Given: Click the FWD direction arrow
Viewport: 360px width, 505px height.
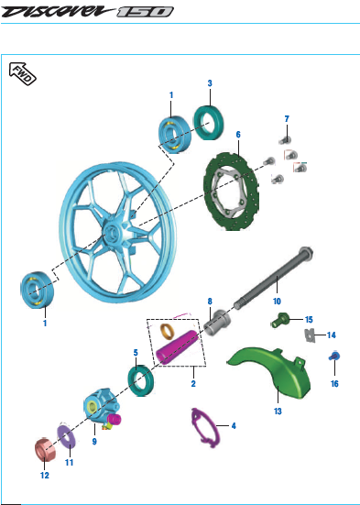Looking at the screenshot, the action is (22, 73).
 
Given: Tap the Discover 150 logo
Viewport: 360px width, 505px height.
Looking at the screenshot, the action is (87, 12).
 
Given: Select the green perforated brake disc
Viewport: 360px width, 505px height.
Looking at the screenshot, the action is (232, 191).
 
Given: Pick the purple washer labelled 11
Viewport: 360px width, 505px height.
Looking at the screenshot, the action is (66, 436).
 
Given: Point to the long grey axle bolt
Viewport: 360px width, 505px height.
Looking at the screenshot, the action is (274, 279).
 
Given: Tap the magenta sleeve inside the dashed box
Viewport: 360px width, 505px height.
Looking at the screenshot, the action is (177, 347).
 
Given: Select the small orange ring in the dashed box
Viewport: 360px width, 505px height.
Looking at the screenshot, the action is (167, 331).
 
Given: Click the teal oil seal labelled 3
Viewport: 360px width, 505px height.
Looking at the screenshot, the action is (209, 123).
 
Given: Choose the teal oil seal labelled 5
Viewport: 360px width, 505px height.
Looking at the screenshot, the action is (141, 380).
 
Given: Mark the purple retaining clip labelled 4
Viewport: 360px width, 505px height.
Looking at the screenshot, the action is (205, 428).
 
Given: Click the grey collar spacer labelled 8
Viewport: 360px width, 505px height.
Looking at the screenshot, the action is (217, 323).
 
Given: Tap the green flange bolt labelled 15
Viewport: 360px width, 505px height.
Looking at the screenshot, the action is (279, 320).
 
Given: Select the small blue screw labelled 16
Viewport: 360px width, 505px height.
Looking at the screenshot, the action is (334, 356).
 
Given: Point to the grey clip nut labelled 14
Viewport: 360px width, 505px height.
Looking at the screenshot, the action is (309, 335).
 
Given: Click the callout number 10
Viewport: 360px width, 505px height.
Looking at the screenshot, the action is (277, 302).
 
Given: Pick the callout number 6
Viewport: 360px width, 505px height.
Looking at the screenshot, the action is (238, 135).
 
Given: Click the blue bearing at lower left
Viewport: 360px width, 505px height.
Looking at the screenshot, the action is (37, 290).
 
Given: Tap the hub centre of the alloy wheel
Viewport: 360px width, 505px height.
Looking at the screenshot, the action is (112, 233).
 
